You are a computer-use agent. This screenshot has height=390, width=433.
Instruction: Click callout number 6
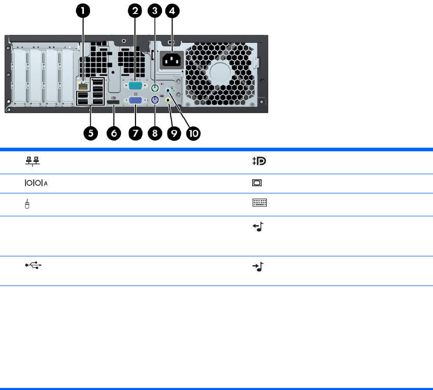pos(114,133)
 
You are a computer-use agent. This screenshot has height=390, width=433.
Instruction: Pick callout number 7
pos(135,133)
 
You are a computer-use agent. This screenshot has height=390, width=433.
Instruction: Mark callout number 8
pos(154,133)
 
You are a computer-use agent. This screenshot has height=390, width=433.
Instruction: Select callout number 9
pos(174,133)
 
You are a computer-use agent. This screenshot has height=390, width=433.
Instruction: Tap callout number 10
pos(193,133)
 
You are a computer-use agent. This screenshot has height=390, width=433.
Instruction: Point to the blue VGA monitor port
pos(135,101)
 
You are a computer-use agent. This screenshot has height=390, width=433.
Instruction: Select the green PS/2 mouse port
pos(155,88)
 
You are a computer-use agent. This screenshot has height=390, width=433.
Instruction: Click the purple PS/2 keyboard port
pos(155,101)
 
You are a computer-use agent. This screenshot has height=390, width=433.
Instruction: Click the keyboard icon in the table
pos(259,204)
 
